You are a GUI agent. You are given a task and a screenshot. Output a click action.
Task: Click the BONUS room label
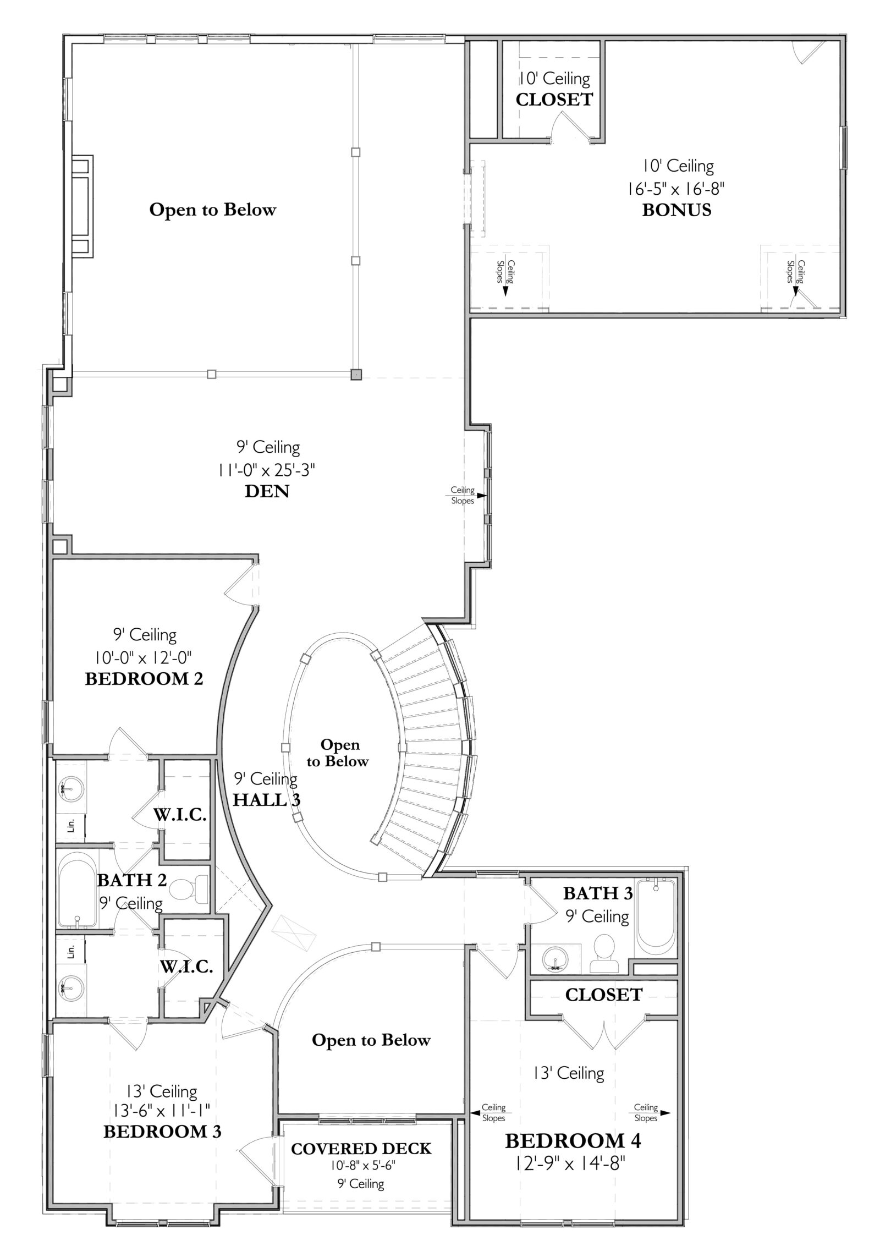pos(676,210)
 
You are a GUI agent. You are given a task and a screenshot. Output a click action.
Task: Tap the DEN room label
pos(267,491)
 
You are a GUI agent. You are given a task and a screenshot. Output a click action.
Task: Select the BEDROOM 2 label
pos(144,679)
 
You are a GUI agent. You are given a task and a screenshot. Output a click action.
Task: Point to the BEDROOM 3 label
pos(163,1132)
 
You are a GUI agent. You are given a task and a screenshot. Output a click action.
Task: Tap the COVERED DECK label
pos(361,1149)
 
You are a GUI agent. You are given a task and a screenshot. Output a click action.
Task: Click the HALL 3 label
pos(267,799)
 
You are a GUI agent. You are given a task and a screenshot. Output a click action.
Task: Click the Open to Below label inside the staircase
pos(338,753)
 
